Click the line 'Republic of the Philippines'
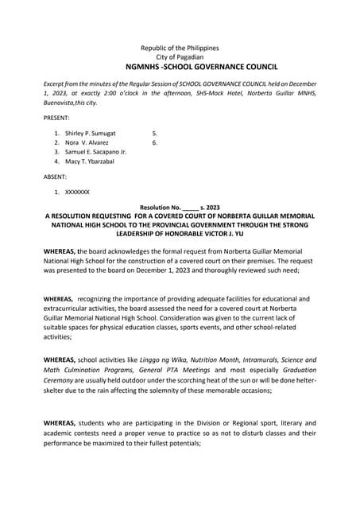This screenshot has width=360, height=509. [x=180, y=49]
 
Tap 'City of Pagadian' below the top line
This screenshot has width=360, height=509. [x=180, y=58]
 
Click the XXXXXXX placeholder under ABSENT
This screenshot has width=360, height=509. [x=77, y=192]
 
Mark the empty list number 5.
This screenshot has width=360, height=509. [x=154, y=133]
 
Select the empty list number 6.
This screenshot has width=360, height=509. [x=154, y=142]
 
